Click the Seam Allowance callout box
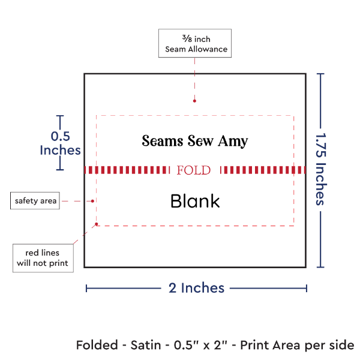pos(194,43)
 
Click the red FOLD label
pos(194,170)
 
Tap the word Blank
pos(195,201)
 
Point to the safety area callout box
pos(36,200)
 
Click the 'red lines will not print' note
pos(43,257)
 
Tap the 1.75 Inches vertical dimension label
pos(321,170)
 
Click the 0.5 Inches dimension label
pos(59,143)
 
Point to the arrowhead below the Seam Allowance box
pos(194,101)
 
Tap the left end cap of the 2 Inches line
pos(86,289)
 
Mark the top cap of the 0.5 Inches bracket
pos(59,116)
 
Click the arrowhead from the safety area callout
pos(94,201)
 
